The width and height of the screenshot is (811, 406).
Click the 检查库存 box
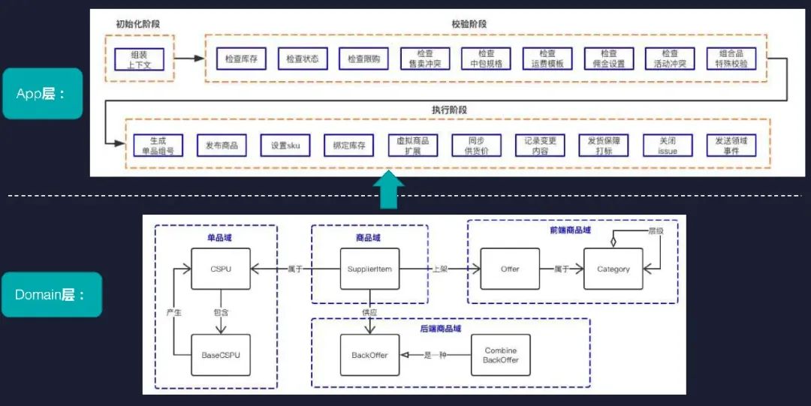(x=241, y=59)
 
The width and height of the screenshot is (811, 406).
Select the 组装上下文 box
(x=139, y=59)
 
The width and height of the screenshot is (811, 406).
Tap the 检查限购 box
(x=363, y=59)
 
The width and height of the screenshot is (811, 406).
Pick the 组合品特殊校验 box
(x=732, y=59)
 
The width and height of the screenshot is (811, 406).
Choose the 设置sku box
(x=285, y=145)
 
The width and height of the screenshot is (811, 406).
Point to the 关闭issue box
(x=668, y=145)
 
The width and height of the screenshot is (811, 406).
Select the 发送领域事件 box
(x=731, y=145)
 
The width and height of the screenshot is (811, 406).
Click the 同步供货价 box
(x=476, y=145)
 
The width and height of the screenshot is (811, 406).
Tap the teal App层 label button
(x=42, y=94)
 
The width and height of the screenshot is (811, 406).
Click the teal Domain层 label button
(x=51, y=295)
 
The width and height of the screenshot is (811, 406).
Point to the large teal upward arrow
(x=387, y=191)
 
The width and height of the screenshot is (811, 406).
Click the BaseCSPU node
(x=220, y=355)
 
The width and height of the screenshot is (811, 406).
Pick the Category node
(x=613, y=269)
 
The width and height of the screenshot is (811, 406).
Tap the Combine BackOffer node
(x=501, y=355)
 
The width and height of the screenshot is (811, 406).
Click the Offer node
(x=510, y=269)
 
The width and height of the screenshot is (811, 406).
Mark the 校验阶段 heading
(x=469, y=24)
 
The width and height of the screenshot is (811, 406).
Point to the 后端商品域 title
(x=441, y=329)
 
